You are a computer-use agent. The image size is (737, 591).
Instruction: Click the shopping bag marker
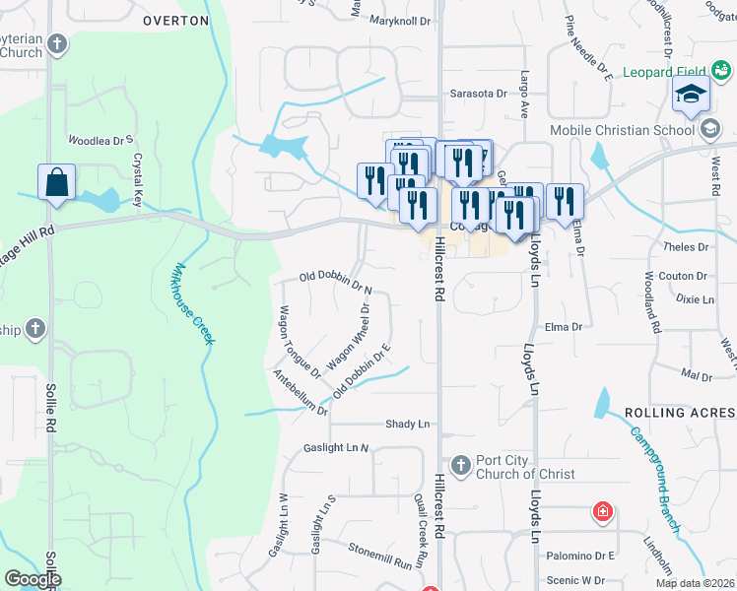(x=56, y=183)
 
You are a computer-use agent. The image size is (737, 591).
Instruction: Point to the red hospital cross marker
(x=601, y=512)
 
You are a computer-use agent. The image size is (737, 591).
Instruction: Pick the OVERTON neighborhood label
(x=175, y=20)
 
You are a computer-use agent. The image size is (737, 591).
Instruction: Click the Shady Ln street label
(x=408, y=424)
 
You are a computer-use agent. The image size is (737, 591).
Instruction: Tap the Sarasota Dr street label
(x=477, y=93)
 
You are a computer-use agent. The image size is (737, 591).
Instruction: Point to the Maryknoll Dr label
(x=401, y=20)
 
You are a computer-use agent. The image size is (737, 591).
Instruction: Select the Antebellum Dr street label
(x=301, y=391)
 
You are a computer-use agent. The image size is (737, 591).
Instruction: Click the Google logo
(x=33, y=580)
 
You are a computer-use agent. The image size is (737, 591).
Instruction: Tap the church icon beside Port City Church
(x=459, y=464)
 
